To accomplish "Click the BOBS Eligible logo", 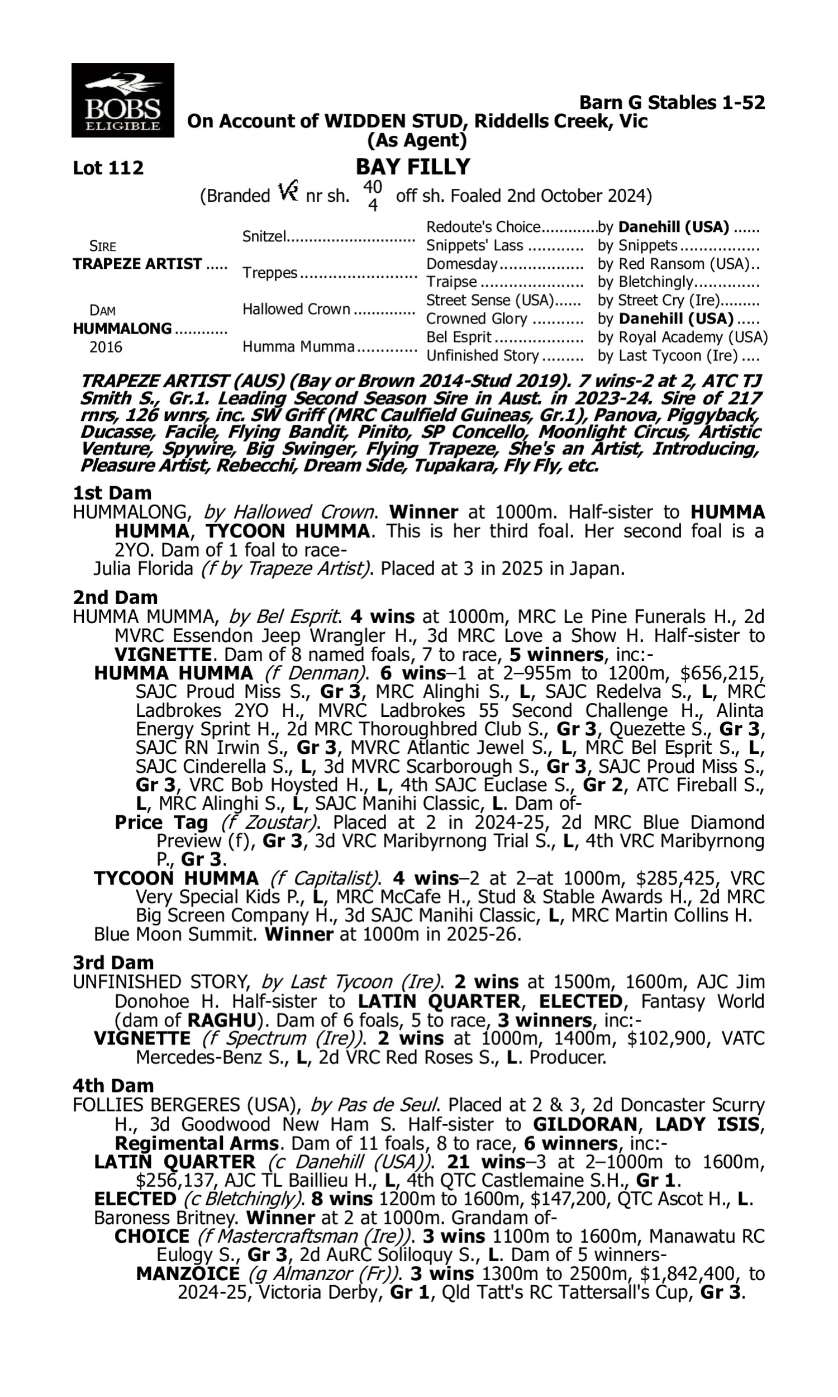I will (x=122, y=101).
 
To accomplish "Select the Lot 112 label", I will (x=108, y=168).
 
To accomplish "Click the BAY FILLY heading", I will (x=413, y=167).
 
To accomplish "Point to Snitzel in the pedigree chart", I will (x=264, y=236).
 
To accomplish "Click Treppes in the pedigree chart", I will (x=269, y=273).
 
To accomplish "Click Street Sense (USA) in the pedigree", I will (x=488, y=301).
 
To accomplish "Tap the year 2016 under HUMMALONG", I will (x=106, y=347).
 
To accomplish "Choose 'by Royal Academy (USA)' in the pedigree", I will (x=682, y=337).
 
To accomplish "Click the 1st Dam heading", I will (x=112, y=493).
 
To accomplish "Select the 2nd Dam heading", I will (x=115, y=597).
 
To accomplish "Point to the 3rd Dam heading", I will (x=113, y=962).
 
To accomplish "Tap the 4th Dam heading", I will (x=113, y=1085).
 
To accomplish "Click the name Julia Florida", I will (x=144, y=569).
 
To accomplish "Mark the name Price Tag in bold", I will (x=161, y=822).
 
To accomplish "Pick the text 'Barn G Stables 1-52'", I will (x=672, y=103).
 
